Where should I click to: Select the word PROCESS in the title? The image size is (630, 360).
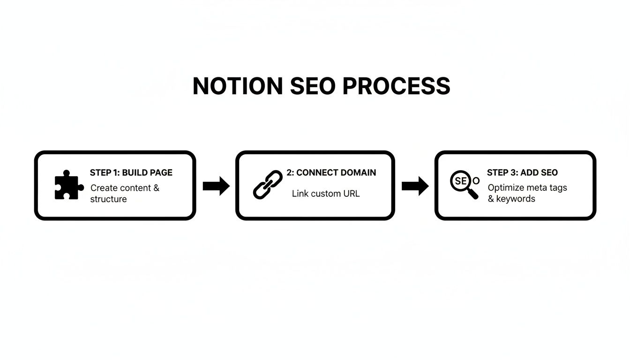(x=397, y=87)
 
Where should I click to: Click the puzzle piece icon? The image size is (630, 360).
(x=68, y=185)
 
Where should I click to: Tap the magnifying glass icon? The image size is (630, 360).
(x=464, y=184)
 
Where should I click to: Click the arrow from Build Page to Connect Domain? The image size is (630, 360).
(x=216, y=186)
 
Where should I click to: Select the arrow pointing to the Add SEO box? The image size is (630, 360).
(x=415, y=186)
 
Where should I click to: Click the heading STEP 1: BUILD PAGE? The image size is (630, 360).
(x=131, y=172)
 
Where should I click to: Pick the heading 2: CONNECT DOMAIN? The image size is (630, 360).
(x=331, y=172)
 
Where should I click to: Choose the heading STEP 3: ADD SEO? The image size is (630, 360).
(x=522, y=172)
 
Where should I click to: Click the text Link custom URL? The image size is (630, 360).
(x=326, y=193)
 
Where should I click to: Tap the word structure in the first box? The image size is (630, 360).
(x=108, y=199)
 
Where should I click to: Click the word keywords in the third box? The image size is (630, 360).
(x=516, y=199)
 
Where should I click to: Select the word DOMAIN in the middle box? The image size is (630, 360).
(x=358, y=172)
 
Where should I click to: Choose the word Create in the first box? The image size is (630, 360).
(x=104, y=188)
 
